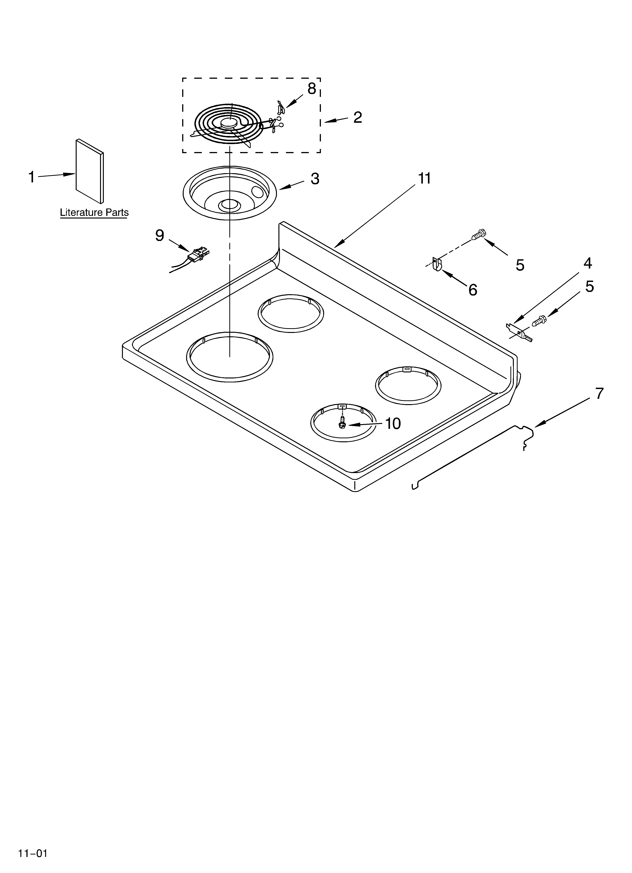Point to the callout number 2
pyautogui.click(x=358, y=117)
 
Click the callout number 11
pyautogui.click(x=425, y=179)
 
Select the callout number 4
pyautogui.click(x=587, y=263)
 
